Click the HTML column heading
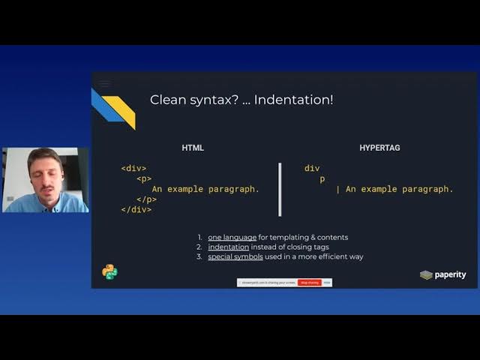pyautogui.click(x=193, y=148)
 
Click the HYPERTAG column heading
pyautogui.click(x=379, y=148)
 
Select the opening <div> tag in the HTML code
pyautogui.click(x=133, y=169)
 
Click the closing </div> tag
pyautogui.click(x=136, y=210)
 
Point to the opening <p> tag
pyautogui.click(x=144, y=179)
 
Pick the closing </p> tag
pyautogui.click(x=146, y=199)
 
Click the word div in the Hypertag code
pyautogui.click(x=312, y=169)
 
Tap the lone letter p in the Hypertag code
pyautogui.click(x=322, y=179)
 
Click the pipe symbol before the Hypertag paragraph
pyautogui.click(x=338, y=189)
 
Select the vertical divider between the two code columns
pyautogui.click(x=280, y=189)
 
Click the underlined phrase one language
pyautogui.click(x=232, y=237)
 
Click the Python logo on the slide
pyautogui.click(x=109, y=272)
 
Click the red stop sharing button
pyautogui.click(x=309, y=283)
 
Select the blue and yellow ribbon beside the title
pyautogui.click(x=113, y=107)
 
